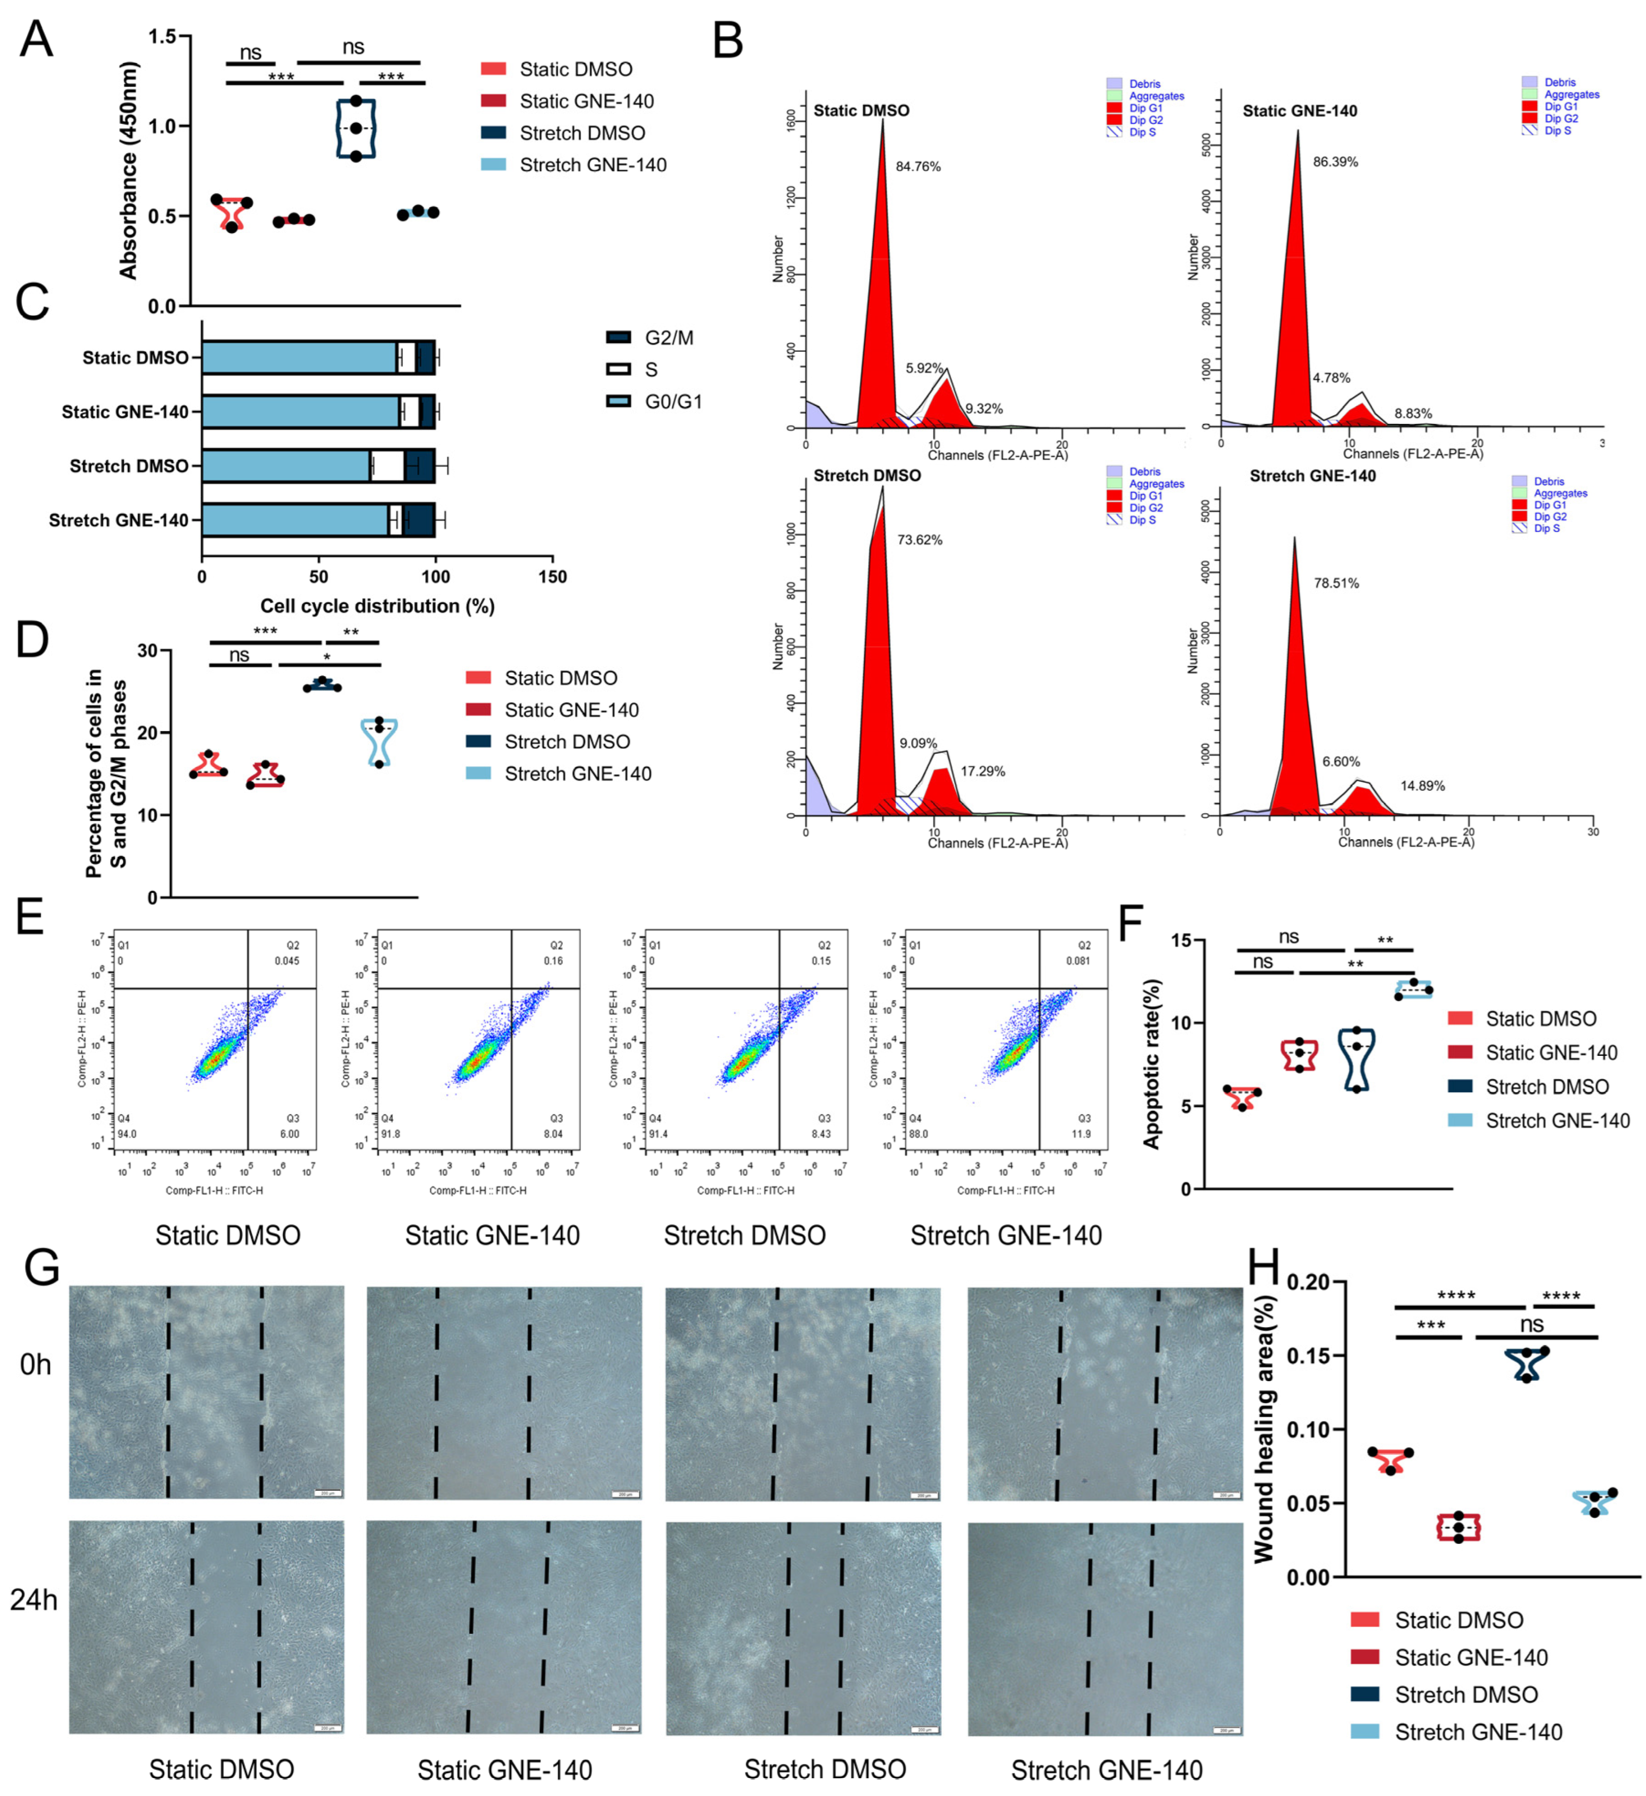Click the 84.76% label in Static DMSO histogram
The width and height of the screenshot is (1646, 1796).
coord(917,167)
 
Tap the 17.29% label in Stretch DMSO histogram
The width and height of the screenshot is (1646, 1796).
coord(982,772)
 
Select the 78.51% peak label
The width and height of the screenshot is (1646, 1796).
coord(1336,583)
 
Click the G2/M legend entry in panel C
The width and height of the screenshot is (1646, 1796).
coord(668,338)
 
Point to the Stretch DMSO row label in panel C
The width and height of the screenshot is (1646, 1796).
coord(129,466)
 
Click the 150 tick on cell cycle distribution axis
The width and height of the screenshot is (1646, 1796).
coord(552,577)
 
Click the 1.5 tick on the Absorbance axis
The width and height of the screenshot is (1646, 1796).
coord(161,37)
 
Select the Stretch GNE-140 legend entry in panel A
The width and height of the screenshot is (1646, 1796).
coord(592,165)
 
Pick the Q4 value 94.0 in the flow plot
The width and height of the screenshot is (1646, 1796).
coord(126,1134)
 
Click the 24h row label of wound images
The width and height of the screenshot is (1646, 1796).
coord(34,1600)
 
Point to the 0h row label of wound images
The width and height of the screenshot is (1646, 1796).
coord(36,1365)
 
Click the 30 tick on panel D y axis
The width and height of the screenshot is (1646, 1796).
coord(147,651)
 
